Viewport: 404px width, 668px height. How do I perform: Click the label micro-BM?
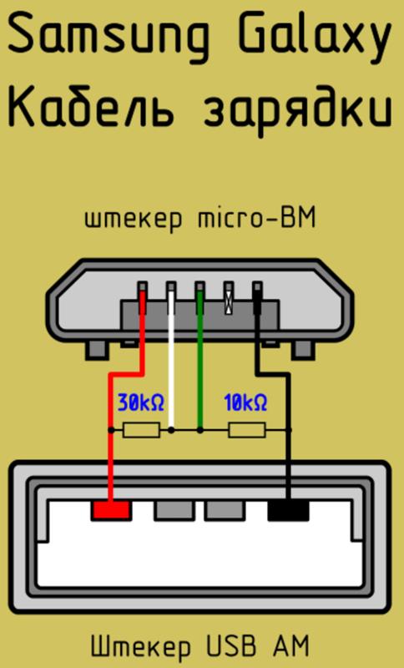[257, 219]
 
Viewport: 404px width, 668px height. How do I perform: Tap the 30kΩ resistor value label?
[140, 402]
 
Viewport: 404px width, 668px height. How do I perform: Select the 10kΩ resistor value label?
[245, 402]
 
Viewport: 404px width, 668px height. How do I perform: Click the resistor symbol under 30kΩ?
[141, 430]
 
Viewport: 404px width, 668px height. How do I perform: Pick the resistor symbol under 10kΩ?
[247, 430]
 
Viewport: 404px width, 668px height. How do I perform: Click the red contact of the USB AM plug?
[111, 510]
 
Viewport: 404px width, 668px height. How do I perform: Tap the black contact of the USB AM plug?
[288, 510]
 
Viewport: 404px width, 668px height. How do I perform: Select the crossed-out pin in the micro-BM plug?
[229, 298]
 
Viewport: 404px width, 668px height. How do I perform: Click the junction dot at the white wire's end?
[171, 430]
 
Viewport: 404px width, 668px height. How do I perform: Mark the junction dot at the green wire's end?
[200, 430]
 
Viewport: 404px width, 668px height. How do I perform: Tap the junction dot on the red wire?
[111, 430]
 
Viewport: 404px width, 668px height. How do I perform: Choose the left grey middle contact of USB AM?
[174, 510]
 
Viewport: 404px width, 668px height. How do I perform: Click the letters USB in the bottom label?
[232, 645]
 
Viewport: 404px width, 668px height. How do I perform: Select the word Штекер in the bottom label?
[141, 647]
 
